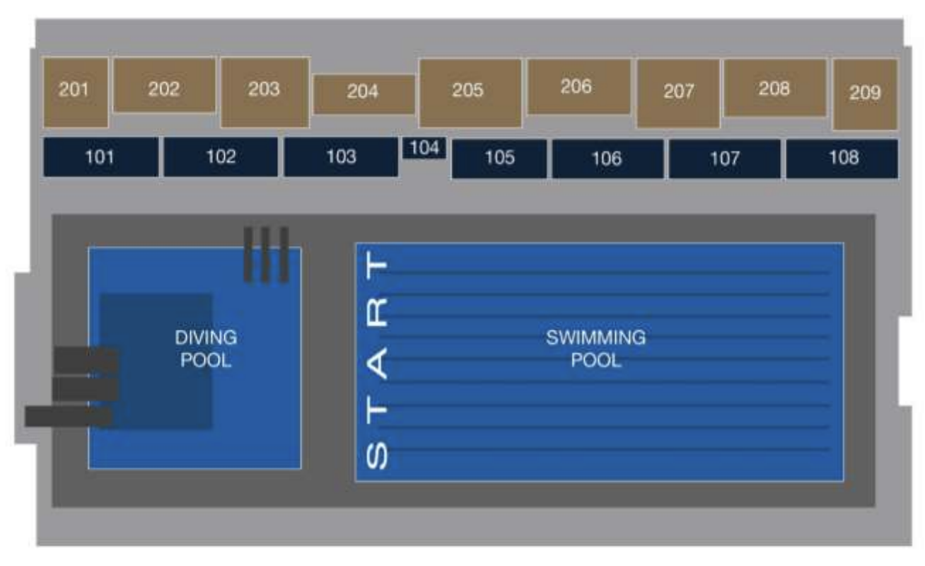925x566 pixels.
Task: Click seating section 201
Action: click(76, 93)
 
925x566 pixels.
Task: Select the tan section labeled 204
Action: click(364, 94)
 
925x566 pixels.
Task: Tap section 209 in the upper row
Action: click(866, 94)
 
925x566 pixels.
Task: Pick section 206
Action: click(579, 86)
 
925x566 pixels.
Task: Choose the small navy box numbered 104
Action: click(424, 148)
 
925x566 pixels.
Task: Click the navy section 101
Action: click(100, 157)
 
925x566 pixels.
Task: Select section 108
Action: click(842, 158)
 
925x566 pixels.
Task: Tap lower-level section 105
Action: click(499, 158)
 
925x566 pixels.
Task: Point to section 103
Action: click(341, 157)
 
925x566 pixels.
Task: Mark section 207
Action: click(678, 93)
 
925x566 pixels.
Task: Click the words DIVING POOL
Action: click(206, 349)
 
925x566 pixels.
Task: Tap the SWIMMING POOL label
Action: click(596, 349)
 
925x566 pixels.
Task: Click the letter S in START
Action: click(377, 456)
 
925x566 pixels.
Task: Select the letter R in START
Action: click(377, 311)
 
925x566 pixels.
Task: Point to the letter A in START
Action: click(377, 363)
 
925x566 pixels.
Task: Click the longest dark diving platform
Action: click(68, 416)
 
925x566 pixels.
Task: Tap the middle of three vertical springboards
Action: click(265, 255)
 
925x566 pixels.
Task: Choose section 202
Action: click(164, 85)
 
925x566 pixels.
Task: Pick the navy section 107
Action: click(725, 158)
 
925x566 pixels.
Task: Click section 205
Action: click(470, 93)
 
